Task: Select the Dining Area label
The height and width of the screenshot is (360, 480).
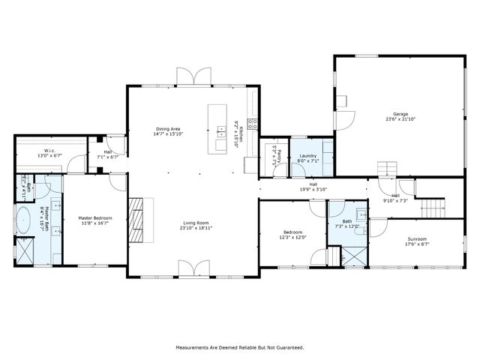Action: (x=168, y=129)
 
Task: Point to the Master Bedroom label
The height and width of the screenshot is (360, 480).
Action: (x=94, y=218)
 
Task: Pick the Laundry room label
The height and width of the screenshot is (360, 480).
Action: (x=307, y=156)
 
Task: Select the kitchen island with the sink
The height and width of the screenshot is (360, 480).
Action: (x=218, y=128)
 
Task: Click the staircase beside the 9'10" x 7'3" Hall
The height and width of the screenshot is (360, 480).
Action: (x=429, y=205)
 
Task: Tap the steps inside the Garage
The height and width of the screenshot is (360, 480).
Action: (x=385, y=167)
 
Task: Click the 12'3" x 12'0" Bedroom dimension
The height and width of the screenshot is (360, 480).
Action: (x=293, y=238)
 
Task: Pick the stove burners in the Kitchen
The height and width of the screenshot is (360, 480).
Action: (x=255, y=124)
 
